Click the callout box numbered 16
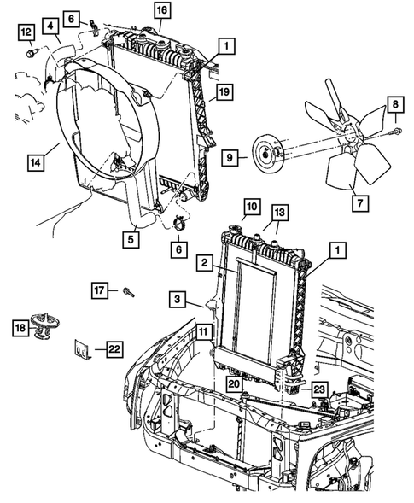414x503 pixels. click(161, 10)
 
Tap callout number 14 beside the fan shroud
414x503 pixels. click(36, 160)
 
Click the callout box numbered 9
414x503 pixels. click(229, 157)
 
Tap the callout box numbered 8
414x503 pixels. click(395, 105)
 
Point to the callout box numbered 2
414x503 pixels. click(206, 263)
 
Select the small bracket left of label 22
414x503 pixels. click(83, 348)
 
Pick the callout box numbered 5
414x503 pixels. click(131, 241)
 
